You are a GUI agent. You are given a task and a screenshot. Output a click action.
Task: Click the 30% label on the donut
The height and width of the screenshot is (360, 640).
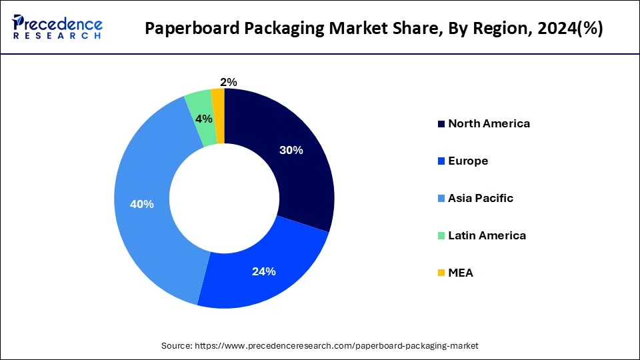click(x=291, y=151)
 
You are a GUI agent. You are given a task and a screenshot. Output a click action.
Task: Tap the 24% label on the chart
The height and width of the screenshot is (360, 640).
click(x=264, y=271)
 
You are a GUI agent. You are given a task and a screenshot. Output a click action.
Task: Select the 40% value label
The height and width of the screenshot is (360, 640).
click(x=142, y=204)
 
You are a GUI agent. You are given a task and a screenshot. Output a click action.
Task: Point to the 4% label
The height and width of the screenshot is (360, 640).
click(x=203, y=119)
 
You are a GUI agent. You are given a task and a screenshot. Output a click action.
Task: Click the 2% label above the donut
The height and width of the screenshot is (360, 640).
click(x=229, y=82)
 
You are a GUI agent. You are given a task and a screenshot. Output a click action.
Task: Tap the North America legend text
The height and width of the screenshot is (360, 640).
click(x=489, y=123)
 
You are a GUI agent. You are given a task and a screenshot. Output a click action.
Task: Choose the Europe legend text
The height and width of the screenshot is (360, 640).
click(x=468, y=161)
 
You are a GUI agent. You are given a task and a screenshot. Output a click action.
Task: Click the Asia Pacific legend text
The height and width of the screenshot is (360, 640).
click(x=481, y=198)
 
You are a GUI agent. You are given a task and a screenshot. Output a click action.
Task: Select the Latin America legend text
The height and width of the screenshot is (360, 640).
click(x=487, y=235)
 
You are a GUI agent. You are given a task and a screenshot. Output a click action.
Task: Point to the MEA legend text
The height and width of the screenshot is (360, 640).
click(x=461, y=273)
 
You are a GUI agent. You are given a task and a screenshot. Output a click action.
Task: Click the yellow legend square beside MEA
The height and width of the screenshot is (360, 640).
click(x=441, y=273)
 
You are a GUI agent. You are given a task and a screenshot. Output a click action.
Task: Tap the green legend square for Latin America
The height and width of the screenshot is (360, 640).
click(x=441, y=236)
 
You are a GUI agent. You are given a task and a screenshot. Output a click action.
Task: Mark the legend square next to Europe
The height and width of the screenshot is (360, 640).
click(x=441, y=161)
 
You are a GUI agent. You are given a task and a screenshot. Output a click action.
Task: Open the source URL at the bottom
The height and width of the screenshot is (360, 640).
click(x=336, y=346)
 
